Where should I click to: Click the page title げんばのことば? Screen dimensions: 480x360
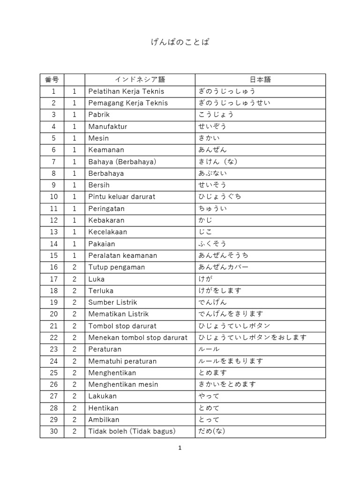point(180,43)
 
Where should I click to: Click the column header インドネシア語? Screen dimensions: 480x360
point(140,80)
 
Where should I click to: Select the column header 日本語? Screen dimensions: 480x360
point(261,80)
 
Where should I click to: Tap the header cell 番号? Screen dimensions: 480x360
point(52,80)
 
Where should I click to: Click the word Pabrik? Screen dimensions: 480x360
point(98,115)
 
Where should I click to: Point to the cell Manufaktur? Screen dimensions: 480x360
point(108,127)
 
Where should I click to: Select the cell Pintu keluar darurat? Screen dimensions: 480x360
point(121,197)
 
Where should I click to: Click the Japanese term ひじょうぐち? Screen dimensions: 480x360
point(220,197)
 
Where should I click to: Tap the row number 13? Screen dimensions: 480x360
point(53,232)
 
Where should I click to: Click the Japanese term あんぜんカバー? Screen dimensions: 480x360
point(224,267)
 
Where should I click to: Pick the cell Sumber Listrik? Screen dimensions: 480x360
point(112,302)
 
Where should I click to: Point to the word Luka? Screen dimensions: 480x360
point(96,279)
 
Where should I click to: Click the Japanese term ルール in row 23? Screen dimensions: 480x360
point(209,349)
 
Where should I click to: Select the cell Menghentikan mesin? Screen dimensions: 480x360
point(123,384)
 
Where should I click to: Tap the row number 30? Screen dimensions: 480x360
point(53,431)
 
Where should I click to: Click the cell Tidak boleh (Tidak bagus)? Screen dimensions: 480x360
point(132,431)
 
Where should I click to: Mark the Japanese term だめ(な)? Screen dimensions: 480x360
point(212,431)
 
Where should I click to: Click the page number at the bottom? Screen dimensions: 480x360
point(180,448)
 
